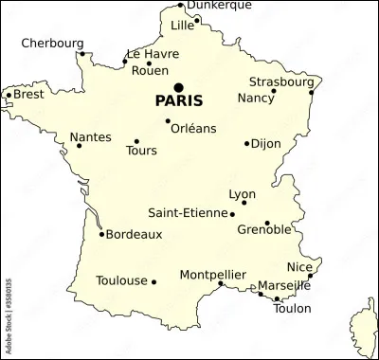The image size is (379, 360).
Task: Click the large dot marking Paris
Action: pos(178,87)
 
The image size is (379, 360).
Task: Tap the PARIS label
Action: pos(179,100)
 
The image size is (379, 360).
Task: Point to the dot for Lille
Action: pos(197,19)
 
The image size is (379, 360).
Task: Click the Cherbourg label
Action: pos(52,43)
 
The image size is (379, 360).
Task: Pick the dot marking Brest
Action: pos(9,95)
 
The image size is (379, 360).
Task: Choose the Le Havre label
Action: pos(153,54)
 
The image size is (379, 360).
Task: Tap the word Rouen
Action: pos(150,70)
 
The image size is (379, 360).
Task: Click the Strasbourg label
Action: pos(281,81)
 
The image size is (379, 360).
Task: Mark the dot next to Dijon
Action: pos(246,144)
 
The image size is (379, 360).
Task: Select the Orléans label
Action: pos(192,128)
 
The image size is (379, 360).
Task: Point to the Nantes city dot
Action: pos(79,146)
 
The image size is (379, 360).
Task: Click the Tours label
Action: pos(141,151)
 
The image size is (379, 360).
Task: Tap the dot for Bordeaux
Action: pos(101,233)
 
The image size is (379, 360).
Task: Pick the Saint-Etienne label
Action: pos(189,213)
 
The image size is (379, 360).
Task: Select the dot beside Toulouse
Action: pos(153,281)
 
